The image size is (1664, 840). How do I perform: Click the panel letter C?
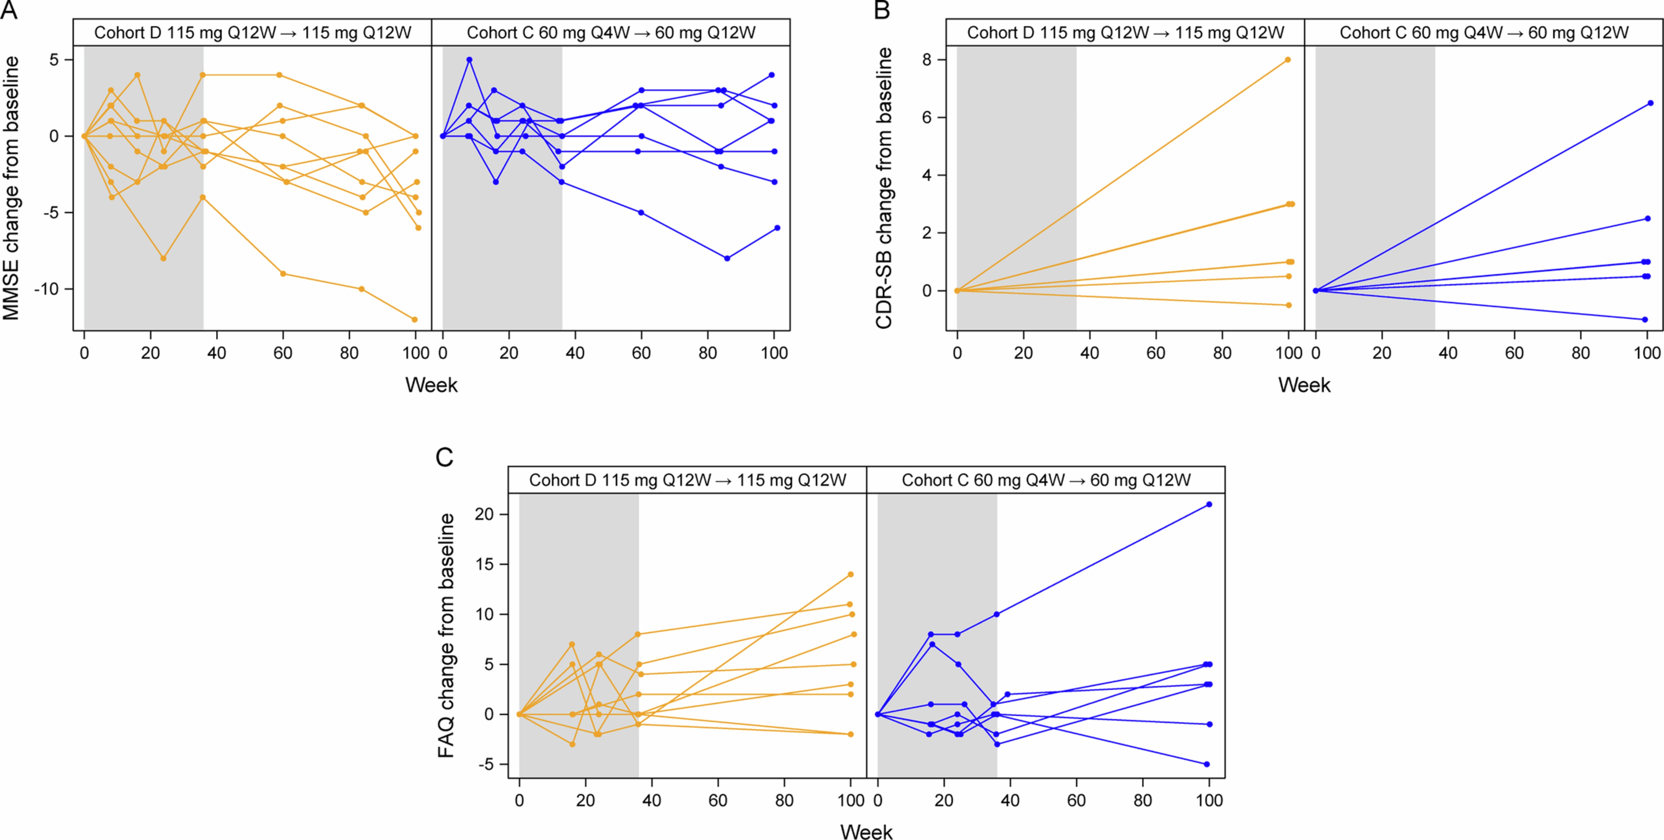click(x=445, y=457)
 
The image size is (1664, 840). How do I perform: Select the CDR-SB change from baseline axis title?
click(x=884, y=187)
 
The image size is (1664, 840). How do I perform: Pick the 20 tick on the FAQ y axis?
click(x=485, y=514)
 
